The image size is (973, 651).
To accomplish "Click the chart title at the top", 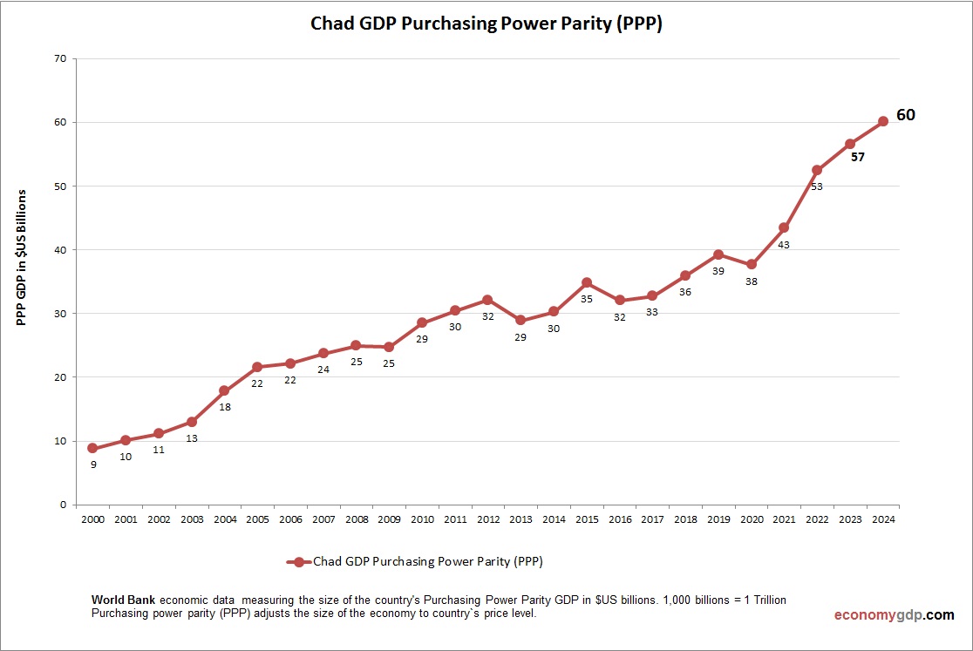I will coord(486,24).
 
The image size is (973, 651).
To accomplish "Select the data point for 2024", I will coord(882,121).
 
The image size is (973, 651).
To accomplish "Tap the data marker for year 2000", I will coord(92,448).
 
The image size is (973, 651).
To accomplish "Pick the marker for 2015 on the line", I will coord(587,282).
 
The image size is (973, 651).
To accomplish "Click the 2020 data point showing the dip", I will coord(752,264).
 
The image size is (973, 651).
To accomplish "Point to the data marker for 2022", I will coord(817,170).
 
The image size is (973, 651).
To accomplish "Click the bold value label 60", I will coord(906,115).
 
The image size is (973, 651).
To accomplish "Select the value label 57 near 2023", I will coord(858,157).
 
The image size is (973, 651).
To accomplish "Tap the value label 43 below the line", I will coord(784,245).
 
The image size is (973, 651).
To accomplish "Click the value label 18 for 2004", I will coord(225,407).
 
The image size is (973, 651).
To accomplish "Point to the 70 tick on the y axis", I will coord(60,58).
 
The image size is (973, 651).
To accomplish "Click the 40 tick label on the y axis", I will coord(60,249).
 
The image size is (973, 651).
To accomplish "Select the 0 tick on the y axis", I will coord(64,505).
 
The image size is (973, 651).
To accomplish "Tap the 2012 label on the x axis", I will coord(488,519).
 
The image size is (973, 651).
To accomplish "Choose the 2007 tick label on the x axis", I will coord(323,519).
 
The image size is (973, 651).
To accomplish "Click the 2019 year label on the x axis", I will coord(718,519).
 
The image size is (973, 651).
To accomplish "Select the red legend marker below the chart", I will coord(298,562).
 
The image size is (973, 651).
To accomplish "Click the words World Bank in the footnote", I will coord(124,600).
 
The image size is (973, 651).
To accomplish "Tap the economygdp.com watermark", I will coord(894,615).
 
